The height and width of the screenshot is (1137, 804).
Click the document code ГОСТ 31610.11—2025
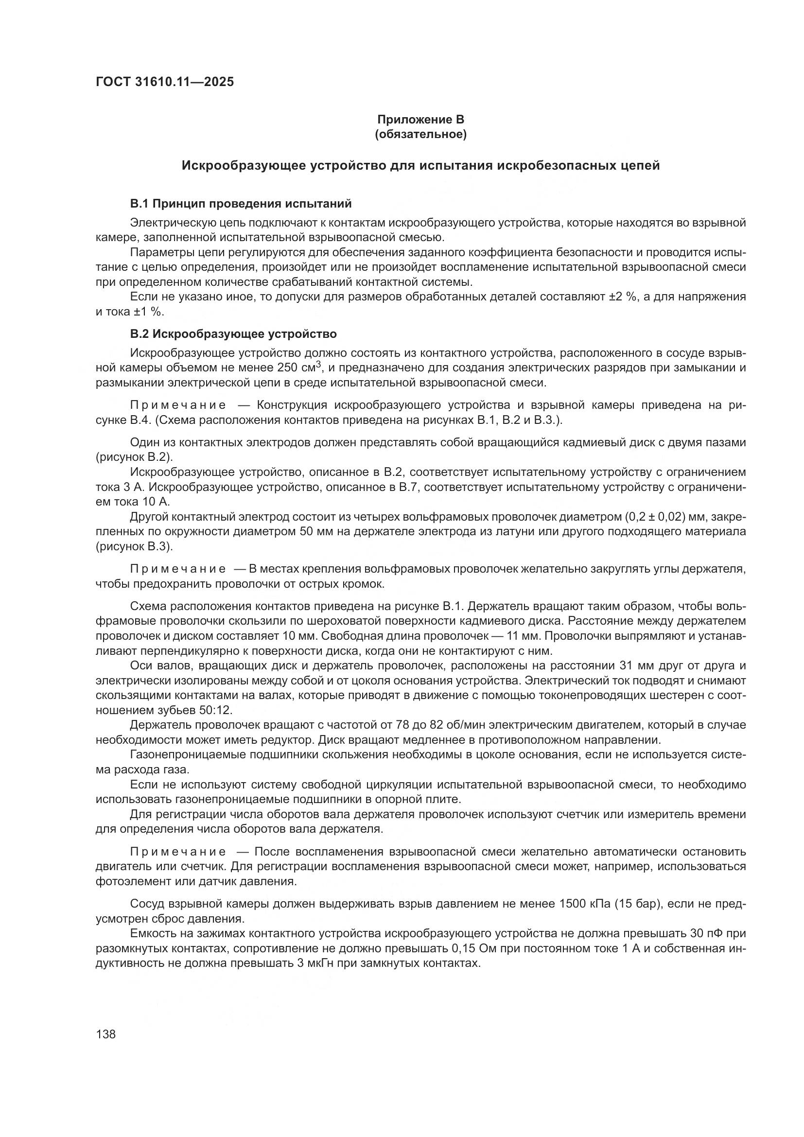164,82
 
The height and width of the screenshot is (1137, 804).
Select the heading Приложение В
420,120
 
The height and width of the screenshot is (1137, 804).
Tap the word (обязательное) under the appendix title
420,134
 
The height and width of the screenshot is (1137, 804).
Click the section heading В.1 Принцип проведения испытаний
241,204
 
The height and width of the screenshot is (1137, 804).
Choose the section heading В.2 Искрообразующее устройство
233,334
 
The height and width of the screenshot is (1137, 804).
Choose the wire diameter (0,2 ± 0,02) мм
676,517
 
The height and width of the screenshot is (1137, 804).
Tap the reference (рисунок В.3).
134,547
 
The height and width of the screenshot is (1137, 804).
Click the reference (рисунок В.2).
134,456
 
